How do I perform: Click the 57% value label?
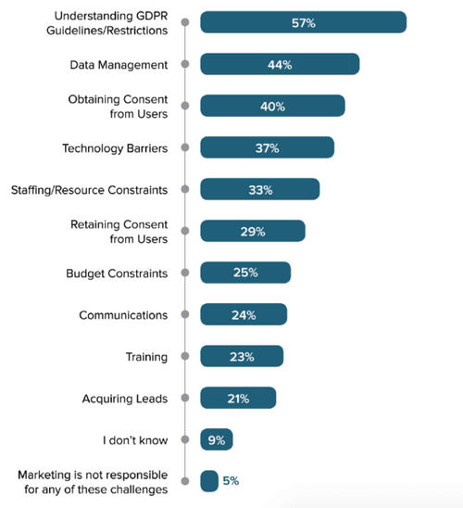pyautogui.click(x=303, y=22)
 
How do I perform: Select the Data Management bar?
pyautogui.click(x=279, y=64)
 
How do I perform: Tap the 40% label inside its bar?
pyautogui.click(x=272, y=106)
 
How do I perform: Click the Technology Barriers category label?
pyautogui.click(x=115, y=147)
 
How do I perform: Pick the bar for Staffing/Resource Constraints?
pyautogui.click(x=259, y=189)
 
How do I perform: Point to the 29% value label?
pyautogui.click(x=252, y=231)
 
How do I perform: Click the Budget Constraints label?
pyautogui.click(x=117, y=273)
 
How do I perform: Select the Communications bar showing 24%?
pyautogui.click(x=243, y=314)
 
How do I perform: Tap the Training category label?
pyautogui.click(x=146, y=356)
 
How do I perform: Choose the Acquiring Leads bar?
pyautogui.click(x=237, y=398)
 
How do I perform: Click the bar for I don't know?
pyautogui.click(x=216, y=439)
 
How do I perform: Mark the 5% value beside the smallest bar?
pyautogui.click(x=231, y=481)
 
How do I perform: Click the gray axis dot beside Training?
pyautogui.click(x=185, y=356)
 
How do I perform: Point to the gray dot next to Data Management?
pyautogui.click(x=185, y=64)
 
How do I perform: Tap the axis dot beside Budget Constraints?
pyautogui.click(x=185, y=273)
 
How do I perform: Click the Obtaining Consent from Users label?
pyautogui.click(x=119, y=106)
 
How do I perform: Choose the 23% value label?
pyautogui.click(x=241, y=356)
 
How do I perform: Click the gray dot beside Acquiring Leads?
pyautogui.click(x=185, y=398)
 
